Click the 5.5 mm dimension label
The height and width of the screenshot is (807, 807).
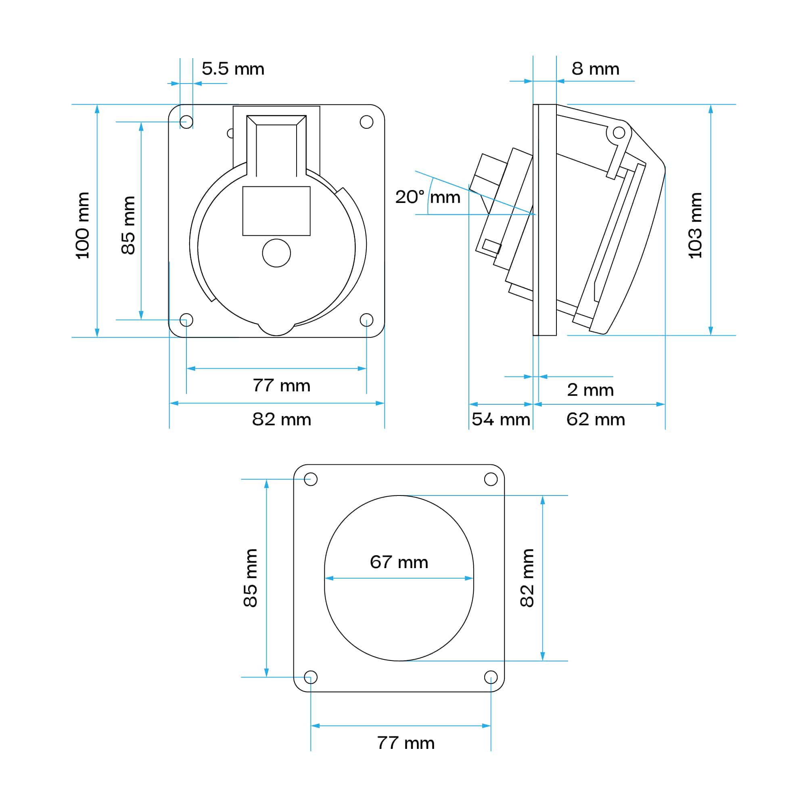(233, 69)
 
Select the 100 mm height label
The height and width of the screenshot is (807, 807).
(82, 226)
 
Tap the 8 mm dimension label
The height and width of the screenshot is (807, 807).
(595, 69)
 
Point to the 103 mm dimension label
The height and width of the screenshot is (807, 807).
(695, 226)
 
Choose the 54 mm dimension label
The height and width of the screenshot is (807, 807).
(500, 419)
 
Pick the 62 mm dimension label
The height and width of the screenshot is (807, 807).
(595, 419)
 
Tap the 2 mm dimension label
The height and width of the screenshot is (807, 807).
(590, 390)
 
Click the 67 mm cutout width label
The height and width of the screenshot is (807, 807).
(399, 562)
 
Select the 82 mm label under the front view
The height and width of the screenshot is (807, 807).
(281, 419)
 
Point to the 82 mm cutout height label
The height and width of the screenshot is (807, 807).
(527, 578)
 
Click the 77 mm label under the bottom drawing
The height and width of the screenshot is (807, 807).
(405, 743)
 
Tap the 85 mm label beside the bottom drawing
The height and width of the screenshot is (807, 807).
(250, 578)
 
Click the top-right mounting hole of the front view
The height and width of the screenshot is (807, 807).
(366, 122)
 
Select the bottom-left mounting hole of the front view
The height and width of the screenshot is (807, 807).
(186, 320)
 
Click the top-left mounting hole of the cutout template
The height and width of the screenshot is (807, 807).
(311, 479)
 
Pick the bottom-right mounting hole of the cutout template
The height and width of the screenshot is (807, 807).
(490, 677)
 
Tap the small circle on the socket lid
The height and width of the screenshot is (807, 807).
(276, 253)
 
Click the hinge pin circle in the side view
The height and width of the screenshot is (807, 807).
(619, 133)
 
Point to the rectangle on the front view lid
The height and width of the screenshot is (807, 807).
(276, 211)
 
